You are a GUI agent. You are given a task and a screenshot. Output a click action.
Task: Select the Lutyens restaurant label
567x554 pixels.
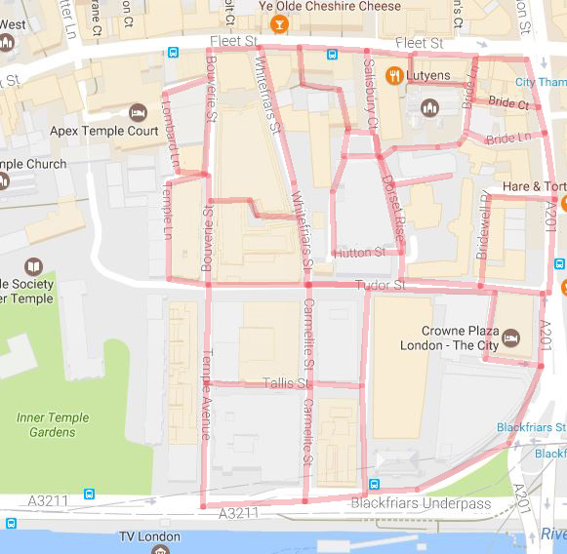428,74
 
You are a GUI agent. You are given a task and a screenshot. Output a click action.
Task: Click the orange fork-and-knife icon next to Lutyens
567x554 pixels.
395,74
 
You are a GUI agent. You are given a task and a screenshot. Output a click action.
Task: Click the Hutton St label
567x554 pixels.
359,253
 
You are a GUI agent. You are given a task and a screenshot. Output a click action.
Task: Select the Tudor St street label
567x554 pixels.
380,285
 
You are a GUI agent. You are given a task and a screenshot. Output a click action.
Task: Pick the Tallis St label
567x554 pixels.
285,383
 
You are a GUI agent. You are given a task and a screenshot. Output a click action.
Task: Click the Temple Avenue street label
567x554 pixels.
206,394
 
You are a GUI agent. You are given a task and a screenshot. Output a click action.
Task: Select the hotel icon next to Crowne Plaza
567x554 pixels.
511,338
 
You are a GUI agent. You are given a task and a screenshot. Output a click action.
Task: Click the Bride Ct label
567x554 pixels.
508,103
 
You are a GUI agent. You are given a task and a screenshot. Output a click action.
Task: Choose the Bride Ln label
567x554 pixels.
507,139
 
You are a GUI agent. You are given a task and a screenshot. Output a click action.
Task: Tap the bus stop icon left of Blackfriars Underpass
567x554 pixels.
374,485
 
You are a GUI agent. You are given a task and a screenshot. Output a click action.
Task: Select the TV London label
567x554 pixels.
148,536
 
